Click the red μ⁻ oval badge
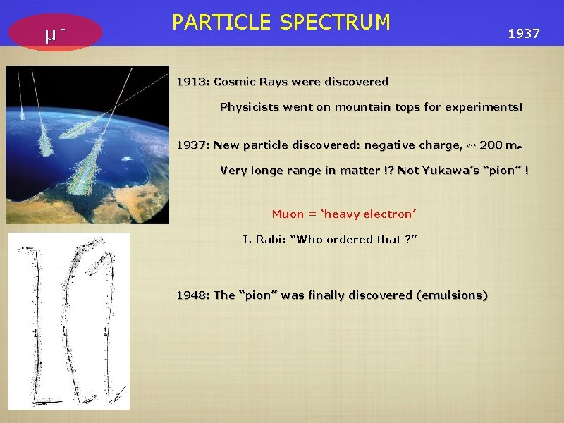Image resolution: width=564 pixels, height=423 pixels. [x=56, y=33]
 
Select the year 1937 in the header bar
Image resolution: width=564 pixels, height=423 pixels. [x=524, y=33]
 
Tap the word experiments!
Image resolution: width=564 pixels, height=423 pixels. [x=486, y=108]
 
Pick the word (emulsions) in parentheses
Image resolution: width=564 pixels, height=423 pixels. [x=451, y=295]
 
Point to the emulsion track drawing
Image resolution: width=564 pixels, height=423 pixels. [x=69, y=321]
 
